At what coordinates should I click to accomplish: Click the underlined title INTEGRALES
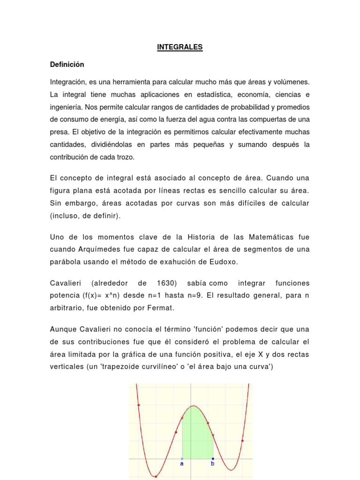[180, 47]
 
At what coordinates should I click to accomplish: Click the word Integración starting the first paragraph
[68, 82]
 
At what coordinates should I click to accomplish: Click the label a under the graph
[182, 464]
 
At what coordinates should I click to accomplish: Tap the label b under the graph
[213, 464]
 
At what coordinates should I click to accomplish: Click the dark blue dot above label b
[213, 458]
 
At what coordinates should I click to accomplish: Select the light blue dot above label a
[182, 458]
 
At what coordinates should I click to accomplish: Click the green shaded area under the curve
[197, 436]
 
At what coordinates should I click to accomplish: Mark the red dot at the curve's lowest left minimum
[156, 477]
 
